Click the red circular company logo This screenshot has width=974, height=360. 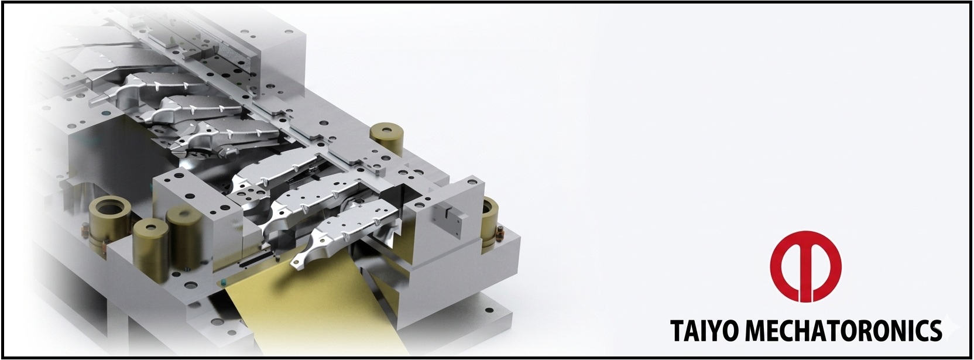[805, 266]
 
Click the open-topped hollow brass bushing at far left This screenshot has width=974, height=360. [109, 222]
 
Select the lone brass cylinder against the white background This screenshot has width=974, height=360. [386, 139]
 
